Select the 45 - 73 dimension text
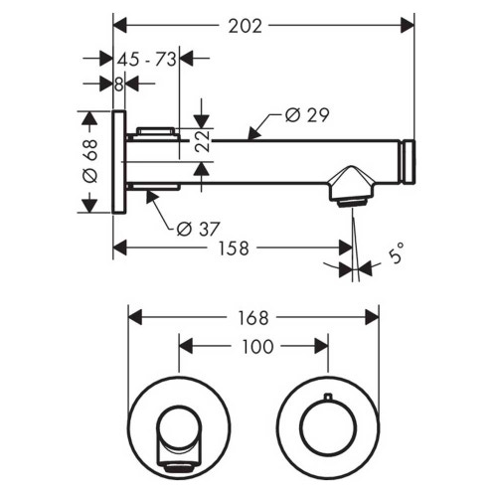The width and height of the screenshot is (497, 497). click(147, 59)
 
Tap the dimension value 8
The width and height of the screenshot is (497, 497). click(118, 84)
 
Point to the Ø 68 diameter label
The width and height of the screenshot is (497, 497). click(88, 160)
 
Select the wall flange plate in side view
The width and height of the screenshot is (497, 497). click(119, 161)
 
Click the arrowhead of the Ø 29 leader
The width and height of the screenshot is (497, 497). click(251, 139)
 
